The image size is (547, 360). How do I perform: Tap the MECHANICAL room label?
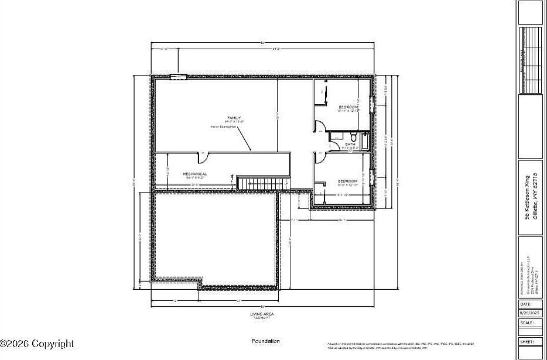pyautogui.click(x=195, y=174)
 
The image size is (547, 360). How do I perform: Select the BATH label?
pyautogui.click(x=350, y=144)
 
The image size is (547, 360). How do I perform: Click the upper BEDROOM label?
pyautogui.click(x=348, y=107)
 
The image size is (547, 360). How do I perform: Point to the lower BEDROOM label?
pyautogui.click(x=348, y=181)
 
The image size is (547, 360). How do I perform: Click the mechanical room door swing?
pyautogui.click(x=202, y=155)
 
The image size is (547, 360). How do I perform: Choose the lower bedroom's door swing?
pyautogui.click(x=319, y=157)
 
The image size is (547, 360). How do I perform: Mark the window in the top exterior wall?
pyautogui.click(x=178, y=76)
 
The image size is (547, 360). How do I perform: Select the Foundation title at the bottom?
pyautogui.click(x=266, y=341)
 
